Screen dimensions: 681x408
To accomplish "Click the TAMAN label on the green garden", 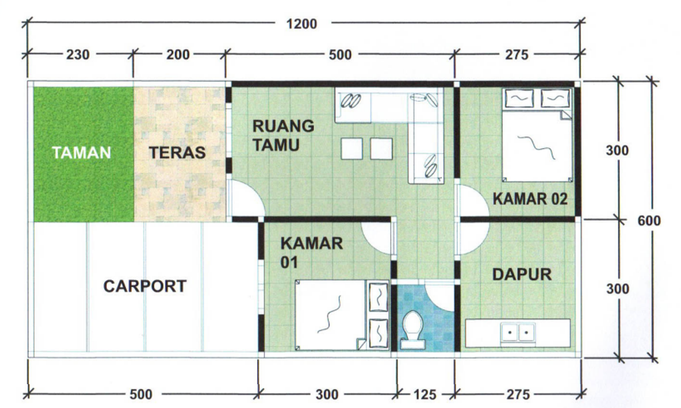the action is [81, 152].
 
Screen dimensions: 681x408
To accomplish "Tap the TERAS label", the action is [177, 152].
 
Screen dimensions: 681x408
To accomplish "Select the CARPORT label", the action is [145, 286].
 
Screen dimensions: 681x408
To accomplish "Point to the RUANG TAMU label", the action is [283, 136].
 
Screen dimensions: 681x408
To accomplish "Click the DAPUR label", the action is [522, 274].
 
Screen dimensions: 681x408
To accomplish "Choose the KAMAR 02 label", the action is [530, 199].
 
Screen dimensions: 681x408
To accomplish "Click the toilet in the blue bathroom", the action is [412, 330].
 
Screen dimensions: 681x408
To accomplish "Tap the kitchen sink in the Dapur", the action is [517, 333].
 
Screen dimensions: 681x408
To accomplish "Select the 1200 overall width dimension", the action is [301, 24].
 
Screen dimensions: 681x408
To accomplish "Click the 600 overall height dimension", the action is [649, 221].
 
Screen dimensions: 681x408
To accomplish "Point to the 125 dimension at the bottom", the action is [425, 395].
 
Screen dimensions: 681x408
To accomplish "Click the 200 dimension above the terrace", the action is [178, 54].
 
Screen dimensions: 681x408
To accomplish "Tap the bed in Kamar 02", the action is [537, 135].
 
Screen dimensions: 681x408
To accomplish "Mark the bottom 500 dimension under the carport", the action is [141, 395].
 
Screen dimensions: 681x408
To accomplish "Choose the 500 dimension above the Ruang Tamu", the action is [340, 54].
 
